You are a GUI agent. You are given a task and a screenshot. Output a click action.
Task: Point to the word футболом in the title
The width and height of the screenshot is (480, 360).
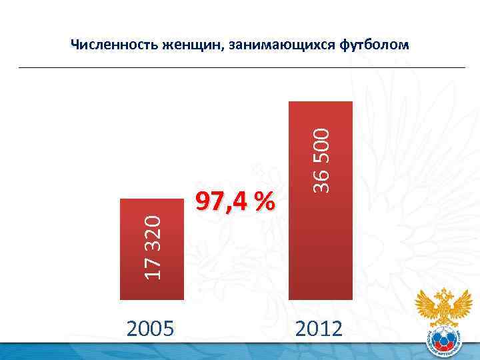[374, 45]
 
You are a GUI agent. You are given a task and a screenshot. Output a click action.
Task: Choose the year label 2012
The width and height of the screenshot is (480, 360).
[320, 328]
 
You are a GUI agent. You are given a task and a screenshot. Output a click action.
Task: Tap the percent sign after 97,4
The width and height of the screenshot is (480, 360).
[263, 201]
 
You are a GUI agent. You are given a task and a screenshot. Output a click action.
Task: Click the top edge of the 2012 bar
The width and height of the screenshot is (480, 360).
[320, 102]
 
